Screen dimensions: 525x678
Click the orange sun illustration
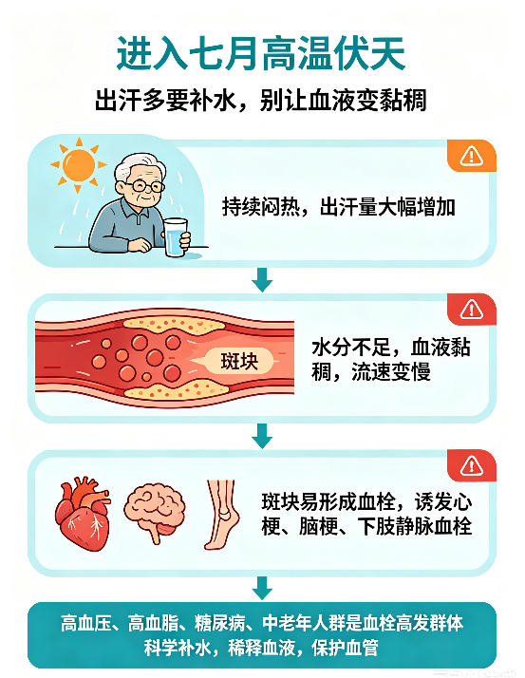pyautogui.click(x=79, y=164)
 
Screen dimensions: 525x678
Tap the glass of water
pyautogui.click(x=175, y=237)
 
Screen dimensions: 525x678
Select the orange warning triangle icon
pyautogui.click(x=472, y=156)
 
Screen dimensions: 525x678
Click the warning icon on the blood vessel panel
pyautogui.click(x=472, y=310)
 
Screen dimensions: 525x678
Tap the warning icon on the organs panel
pyautogui.click(x=472, y=465)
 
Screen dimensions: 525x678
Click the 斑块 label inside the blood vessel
pyautogui.click(x=239, y=361)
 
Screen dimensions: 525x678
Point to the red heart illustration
pyautogui.click(x=83, y=513)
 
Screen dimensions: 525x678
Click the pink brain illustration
pyautogui.click(x=155, y=511)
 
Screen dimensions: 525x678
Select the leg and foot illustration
pyautogui.click(x=222, y=515)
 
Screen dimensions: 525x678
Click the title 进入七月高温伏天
pyautogui.click(x=261, y=53)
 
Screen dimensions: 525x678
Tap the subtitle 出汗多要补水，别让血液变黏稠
pyautogui.click(x=261, y=101)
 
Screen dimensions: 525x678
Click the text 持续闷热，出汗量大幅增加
pyautogui.click(x=339, y=207)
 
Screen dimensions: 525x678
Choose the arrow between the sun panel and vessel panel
pyautogui.click(x=262, y=279)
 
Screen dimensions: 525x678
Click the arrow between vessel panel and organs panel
pyautogui.click(x=262, y=436)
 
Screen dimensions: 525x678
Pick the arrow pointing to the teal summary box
pyautogui.click(x=262, y=588)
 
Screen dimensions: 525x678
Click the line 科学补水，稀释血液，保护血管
pyautogui.click(x=261, y=648)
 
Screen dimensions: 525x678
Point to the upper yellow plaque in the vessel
pyautogui.click(x=175, y=324)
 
